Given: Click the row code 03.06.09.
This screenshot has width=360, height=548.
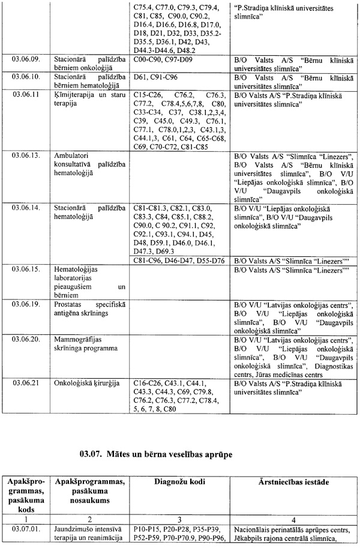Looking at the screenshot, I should point(25,61).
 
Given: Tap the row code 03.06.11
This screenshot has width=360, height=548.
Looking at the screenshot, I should point(23,95).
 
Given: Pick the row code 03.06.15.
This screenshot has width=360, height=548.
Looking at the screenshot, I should point(25,269).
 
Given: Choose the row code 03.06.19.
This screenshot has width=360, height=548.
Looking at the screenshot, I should point(25,304).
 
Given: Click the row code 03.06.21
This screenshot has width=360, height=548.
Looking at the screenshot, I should point(23,382).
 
